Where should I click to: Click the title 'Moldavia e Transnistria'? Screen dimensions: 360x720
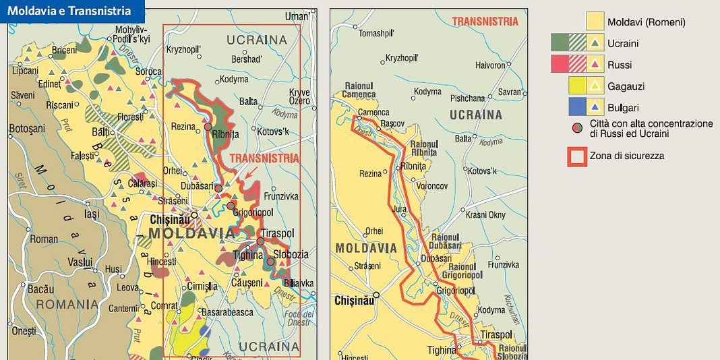(x=69, y=11)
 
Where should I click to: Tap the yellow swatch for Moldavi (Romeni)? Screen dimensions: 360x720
(x=595, y=22)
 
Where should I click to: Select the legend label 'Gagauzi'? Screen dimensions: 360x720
(x=626, y=86)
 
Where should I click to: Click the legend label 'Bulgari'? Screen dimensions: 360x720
(x=623, y=108)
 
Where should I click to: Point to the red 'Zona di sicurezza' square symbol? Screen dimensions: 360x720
(x=577, y=156)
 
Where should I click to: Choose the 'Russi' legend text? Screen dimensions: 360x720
(x=620, y=65)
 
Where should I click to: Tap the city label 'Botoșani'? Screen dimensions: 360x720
(x=27, y=128)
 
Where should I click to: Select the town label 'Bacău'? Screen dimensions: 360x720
(x=40, y=289)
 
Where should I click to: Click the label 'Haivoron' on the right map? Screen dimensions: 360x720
(x=490, y=65)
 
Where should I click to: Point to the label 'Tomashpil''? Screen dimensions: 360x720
(x=376, y=33)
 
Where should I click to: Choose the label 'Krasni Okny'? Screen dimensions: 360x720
(x=485, y=215)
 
